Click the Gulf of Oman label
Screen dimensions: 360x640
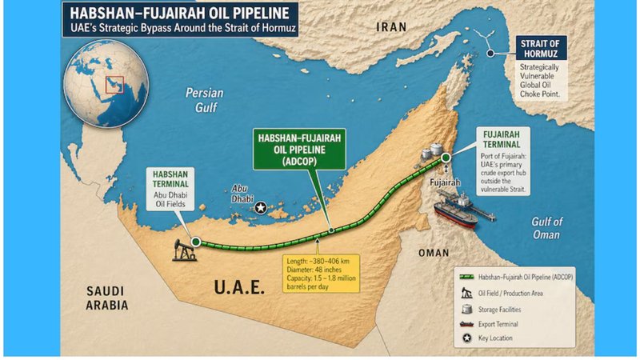(548, 228)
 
